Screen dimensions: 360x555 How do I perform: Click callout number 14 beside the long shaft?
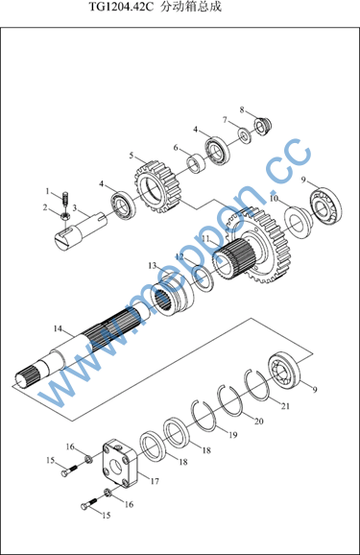[58, 328]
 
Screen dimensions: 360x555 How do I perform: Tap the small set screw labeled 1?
[65, 199]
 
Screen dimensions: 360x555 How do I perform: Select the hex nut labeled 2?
[64, 215]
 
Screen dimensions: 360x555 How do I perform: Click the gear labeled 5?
[157, 186]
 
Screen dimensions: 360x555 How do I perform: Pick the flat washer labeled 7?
[244, 135]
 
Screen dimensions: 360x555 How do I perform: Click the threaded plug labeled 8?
[263, 125]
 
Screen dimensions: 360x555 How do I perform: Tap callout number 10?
[275, 199]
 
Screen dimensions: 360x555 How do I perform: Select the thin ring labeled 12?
[204, 278]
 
